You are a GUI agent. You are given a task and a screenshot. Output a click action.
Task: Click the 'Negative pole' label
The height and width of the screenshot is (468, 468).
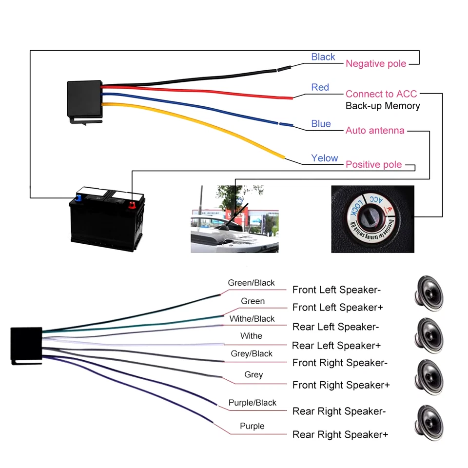tap(376, 64)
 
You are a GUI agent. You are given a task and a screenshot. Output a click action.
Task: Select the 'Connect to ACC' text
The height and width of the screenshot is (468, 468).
tap(381, 94)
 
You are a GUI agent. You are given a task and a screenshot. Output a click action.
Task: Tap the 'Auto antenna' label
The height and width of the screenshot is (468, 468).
tap(375, 131)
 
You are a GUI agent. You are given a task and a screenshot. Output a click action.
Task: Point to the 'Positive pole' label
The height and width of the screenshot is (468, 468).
tap(374, 165)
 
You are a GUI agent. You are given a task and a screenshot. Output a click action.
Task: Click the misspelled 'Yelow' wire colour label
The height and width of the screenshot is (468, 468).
tap(324, 158)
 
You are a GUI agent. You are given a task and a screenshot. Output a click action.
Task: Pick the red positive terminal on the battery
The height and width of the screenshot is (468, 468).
tap(130, 204)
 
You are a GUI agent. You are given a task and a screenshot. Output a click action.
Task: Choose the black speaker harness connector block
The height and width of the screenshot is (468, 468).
tap(25, 345)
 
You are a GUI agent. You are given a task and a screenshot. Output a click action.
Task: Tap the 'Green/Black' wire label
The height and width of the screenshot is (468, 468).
tap(251, 283)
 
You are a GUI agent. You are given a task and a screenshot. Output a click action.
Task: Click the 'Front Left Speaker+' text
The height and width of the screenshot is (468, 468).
tap(337, 308)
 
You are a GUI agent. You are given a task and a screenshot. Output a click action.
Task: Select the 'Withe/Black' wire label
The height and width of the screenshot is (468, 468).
tap(252, 319)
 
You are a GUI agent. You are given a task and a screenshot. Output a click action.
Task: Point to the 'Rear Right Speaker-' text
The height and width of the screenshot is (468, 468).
tap(339, 411)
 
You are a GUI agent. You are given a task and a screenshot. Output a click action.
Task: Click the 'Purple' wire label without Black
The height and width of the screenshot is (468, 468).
tap(252, 426)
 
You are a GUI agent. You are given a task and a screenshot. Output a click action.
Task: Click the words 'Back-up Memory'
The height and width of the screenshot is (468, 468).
tap(383, 106)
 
